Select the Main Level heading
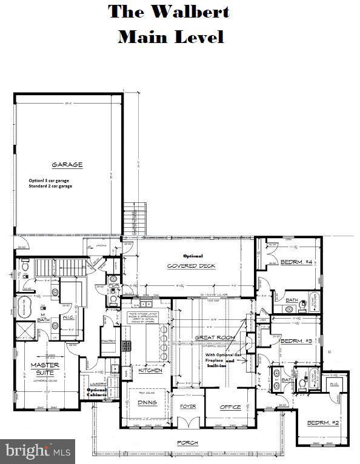(x=170, y=36)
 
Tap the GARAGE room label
(x=67, y=164)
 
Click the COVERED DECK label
(x=190, y=265)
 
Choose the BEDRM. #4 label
(x=296, y=262)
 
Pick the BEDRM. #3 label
(x=296, y=341)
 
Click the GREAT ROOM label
(x=215, y=337)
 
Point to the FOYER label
(x=188, y=407)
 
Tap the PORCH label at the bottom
(x=187, y=443)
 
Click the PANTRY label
(x=108, y=341)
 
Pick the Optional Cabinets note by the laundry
(x=97, y=392)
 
